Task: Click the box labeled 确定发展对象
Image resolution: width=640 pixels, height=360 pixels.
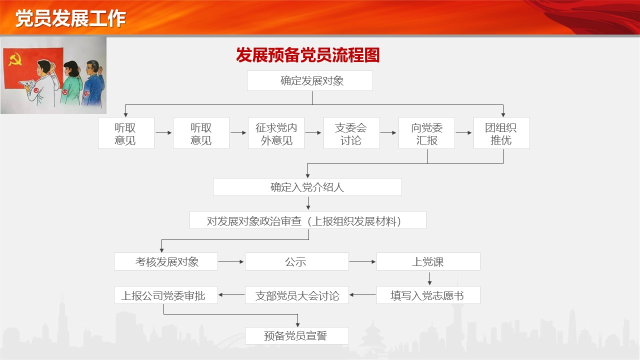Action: (309, 81)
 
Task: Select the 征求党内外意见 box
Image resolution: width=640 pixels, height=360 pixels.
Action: (276, 133)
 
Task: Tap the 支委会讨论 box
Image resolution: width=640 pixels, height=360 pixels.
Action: (351, 133)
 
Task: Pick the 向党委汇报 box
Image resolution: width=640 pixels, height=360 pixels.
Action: (426, 133)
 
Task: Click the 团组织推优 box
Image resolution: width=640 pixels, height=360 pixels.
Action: (501, 133)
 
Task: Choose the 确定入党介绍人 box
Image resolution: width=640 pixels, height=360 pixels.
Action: (307, 187)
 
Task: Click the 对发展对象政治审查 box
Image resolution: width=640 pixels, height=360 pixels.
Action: (307, 220)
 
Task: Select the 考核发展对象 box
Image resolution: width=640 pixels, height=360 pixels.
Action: (165, 261)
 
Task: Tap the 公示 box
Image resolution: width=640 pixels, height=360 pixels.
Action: (297, 261)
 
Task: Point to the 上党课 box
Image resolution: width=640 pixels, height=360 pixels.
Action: (428, 261)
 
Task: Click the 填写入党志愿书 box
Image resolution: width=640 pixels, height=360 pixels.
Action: (428, 295)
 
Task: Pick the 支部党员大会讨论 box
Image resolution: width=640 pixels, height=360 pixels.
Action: (297, 295)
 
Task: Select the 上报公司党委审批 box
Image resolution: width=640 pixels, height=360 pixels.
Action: (165, 295)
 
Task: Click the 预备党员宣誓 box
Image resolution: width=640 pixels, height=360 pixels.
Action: (297, 335)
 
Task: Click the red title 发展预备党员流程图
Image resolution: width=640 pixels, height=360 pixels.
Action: (307, 55)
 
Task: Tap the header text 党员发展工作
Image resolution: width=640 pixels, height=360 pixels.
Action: (70, 18)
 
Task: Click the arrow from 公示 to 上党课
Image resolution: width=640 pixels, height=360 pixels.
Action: (362, 261)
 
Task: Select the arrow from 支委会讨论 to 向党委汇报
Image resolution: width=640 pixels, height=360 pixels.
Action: (388, 133)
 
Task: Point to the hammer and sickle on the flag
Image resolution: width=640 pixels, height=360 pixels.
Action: (15, 59)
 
